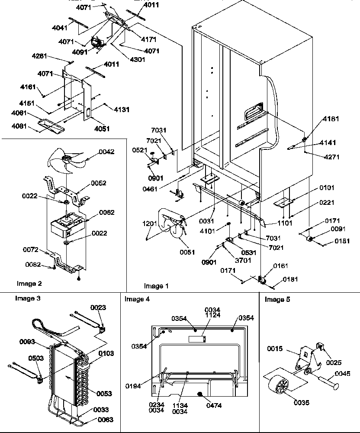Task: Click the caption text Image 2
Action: click(x=29, y=284)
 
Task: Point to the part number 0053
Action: click(x=103, y=394)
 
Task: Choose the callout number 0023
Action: click(x=97, y=307)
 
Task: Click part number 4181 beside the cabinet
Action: click(x=331, y=118)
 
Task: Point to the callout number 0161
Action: click(x=280, y=265)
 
